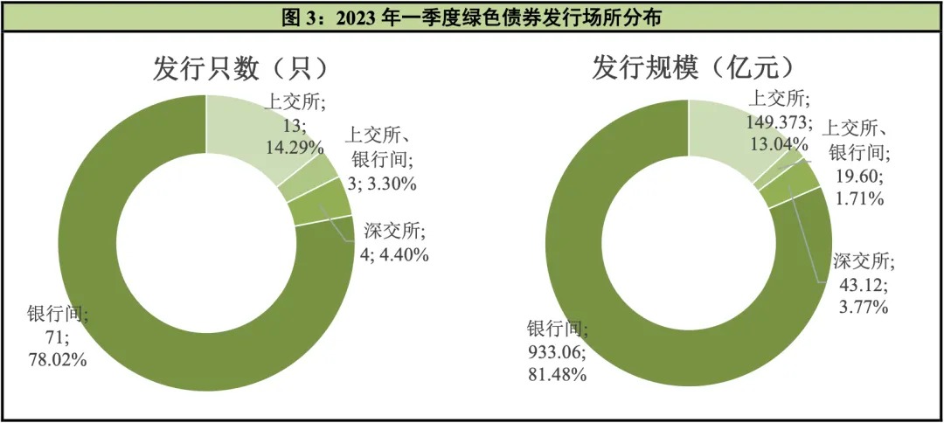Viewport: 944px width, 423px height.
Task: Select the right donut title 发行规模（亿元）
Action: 693,68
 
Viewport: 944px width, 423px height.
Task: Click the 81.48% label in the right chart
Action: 556,374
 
